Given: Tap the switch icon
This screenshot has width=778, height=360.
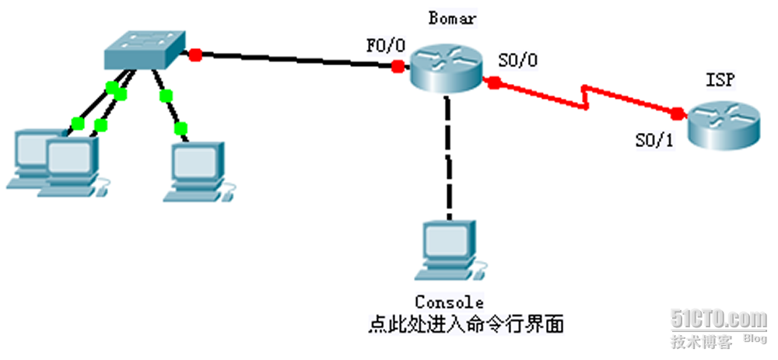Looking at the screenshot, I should [x=145, y=51].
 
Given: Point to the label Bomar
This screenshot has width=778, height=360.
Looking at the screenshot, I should [x=448, y=16].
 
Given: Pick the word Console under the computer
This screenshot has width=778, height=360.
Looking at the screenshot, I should [x=449, y=302].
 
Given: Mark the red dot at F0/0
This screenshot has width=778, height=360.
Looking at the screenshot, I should [x=398, y=67].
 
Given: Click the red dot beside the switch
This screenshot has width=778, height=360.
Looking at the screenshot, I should [x=195, y=54].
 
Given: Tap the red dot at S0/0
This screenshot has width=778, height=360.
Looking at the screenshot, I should [x=492, y=82].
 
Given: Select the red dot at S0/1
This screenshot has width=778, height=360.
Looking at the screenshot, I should [x=678, y=114].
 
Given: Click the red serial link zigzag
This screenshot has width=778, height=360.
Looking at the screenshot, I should [x=587, y=98].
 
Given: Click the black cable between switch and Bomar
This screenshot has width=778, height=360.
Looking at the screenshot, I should [x=296, y=61].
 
